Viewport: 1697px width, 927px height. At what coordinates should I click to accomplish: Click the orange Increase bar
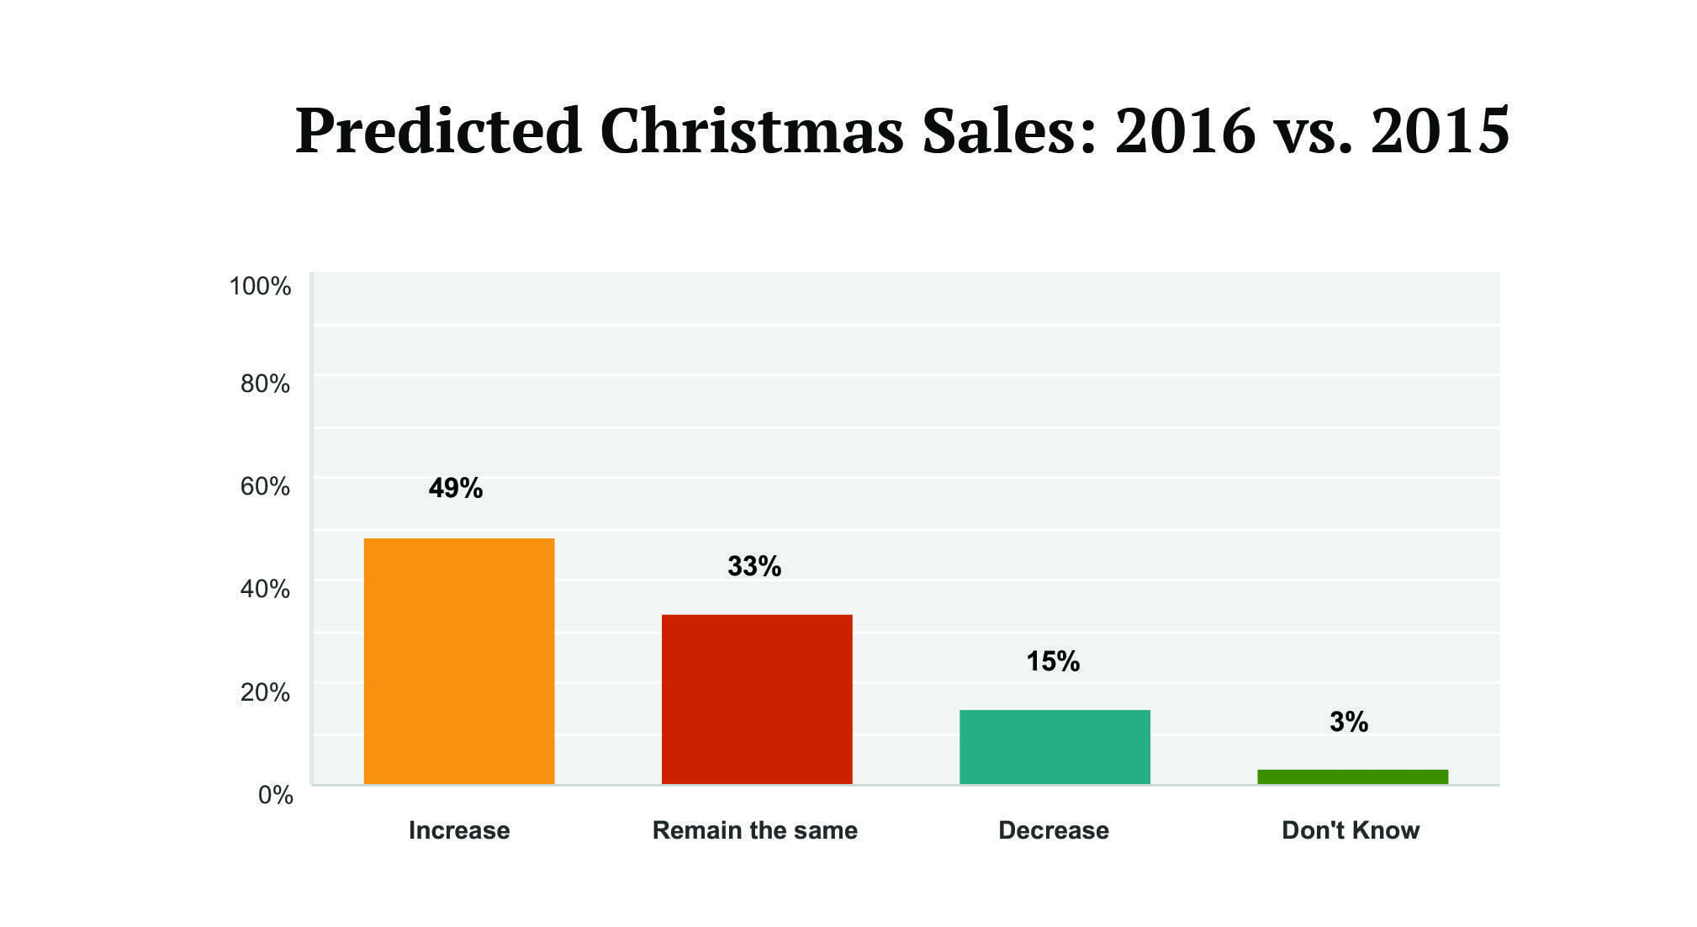point(459,661)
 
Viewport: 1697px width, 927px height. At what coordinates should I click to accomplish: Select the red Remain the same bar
point(757,699)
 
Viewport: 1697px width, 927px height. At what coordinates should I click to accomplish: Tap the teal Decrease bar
point(1055,747)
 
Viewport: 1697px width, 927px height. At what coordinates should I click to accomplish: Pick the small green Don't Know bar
point(1352,776)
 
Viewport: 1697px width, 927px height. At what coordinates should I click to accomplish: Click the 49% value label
point(455,488)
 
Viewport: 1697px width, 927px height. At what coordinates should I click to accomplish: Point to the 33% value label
point(753,566)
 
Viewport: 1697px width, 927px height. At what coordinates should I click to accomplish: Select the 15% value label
point(1052,661)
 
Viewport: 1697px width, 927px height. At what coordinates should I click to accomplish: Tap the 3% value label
point(1348,722)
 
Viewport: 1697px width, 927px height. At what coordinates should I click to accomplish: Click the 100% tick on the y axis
point(260,286)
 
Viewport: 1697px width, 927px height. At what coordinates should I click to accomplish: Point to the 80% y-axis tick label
point(265,384)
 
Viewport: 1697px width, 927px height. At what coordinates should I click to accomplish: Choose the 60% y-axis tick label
point(265,486)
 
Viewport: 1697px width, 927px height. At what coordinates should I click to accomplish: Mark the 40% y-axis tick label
point(265,589)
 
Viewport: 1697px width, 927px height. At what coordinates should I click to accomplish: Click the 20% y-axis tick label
point(265,692)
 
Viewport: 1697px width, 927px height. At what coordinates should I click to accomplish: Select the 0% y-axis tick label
point(275,795)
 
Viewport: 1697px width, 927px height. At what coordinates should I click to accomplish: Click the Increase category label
point(459,830)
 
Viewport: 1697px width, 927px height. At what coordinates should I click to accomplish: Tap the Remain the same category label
point(754,830)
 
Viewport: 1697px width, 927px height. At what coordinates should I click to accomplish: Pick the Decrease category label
point(1053,830)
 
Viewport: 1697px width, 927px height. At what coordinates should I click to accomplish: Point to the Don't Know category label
point(1350,830)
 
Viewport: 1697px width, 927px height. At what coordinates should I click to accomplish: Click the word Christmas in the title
point(751,131)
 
